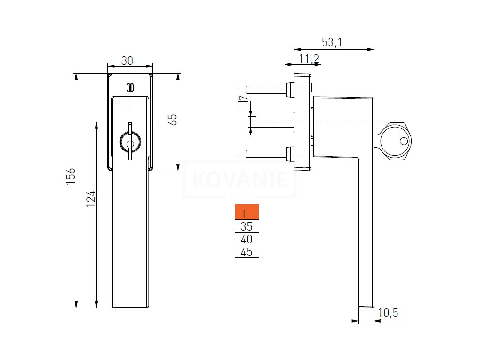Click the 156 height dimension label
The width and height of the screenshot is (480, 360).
pyautogui.click(x=70, y=176)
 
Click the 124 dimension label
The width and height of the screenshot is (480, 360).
pyautogui.click(x=91, y=199)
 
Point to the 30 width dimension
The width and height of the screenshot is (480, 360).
pyautogui.click(x=127, y=60)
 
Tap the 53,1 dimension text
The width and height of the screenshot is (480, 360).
pyautogui.click(x=332, y=42)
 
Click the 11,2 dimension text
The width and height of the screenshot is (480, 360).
pyautogui.click(x=309, y=59)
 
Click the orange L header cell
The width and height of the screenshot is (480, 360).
pyautogui.click(x=247, y=214)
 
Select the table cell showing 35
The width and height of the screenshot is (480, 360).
pyautogui.click(x=247, y=227)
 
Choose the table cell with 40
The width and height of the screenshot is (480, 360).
pyautogui.click(x=247, y=240)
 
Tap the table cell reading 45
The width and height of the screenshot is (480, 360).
pyautogui.click(x=247, y=252)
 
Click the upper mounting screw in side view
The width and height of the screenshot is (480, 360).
pyautogui.click(x=267, y=89)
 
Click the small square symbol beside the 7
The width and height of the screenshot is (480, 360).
pyautogui.click(x=242, y=107)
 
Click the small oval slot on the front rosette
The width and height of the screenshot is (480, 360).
pyautogui.click(x=130, y=87)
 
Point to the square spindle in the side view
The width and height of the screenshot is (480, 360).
pyautogui.click(x=272, y=122)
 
